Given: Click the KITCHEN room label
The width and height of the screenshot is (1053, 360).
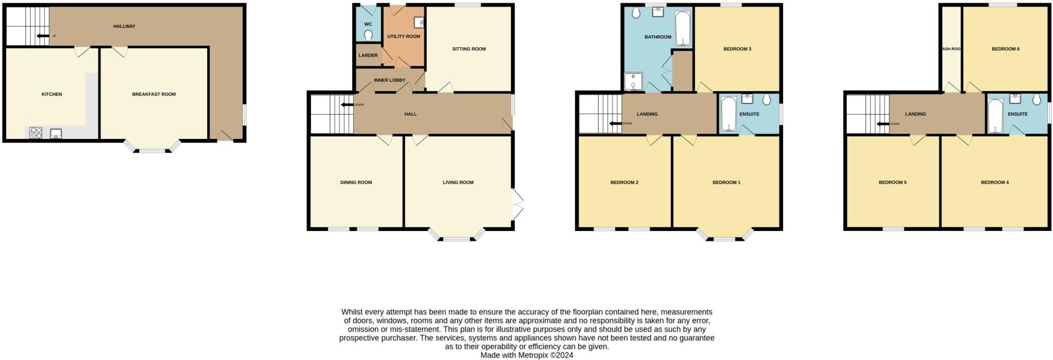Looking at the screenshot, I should click(x=51, y=94).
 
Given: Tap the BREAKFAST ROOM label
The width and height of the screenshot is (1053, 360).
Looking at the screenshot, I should click(x=154, y=94).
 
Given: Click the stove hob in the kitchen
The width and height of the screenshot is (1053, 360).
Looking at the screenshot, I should click(x=36, y=133).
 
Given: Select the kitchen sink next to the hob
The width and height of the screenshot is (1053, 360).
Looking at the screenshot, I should click(x=56, y=134).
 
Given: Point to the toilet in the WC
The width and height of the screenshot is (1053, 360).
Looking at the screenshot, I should click(x=368, y=35).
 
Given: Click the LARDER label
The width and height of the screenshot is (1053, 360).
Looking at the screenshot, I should click(x=368, y=56).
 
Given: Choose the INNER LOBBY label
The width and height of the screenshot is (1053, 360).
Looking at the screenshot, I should click(x=390, y=80).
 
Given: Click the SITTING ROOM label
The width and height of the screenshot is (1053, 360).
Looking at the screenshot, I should click(x=469, y=49).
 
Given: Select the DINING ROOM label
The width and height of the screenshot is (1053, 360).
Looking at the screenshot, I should click(x=356, y=183).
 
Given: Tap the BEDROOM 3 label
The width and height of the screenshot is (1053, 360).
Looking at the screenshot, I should click(x=737, y=49).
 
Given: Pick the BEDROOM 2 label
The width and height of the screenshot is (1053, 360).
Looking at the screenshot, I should click(x=624, y=183).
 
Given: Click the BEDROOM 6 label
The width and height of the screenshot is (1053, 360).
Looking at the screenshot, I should click(x=1005, y=49).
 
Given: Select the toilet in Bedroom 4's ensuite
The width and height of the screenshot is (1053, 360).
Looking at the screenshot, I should click(x=1036, y=100).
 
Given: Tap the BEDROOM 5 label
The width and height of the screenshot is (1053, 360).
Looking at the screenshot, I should click(x=893, y=183).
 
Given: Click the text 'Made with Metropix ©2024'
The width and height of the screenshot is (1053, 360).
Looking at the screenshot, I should click(x=526, y=355).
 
